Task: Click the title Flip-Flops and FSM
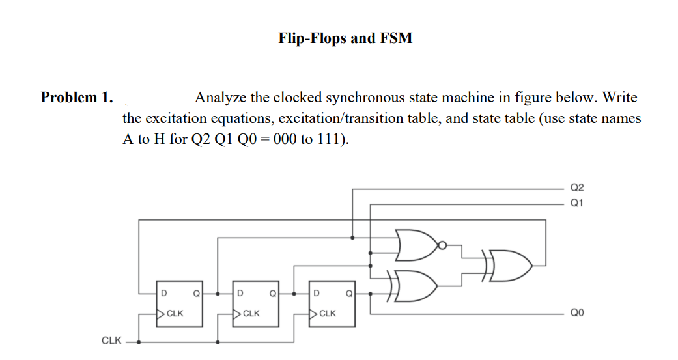(x=345, y=38)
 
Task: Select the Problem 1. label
(x=77, y=98)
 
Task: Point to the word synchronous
(x=364, y=98)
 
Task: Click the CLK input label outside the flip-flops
(x=111, y=340)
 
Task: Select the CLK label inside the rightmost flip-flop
(x=328, y=313)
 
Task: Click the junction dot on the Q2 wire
(x=352, y=236)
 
